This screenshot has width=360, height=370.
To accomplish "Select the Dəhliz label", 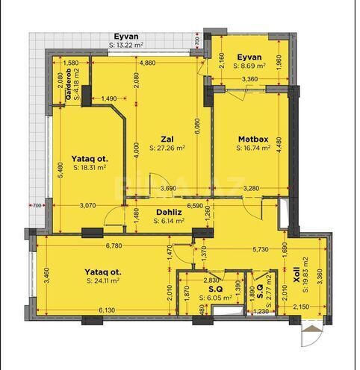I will click(165, 211).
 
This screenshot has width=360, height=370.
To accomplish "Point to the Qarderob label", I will click(68, 84).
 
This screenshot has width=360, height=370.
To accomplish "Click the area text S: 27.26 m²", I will click(167, 148).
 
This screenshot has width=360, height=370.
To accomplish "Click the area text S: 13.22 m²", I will click(130, 45).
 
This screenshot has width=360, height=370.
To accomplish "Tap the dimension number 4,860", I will click(147, 63).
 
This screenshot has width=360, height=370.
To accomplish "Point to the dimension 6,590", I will click(196, 204).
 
